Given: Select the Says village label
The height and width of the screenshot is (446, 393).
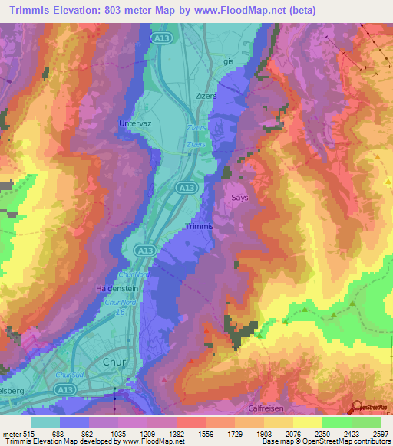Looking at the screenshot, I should click(x=239, y=198).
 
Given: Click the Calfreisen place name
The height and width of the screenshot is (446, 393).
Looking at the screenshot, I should click(x=268, y=408).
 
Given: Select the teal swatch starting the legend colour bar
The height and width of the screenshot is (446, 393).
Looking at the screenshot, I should click(x=45, y=422).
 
